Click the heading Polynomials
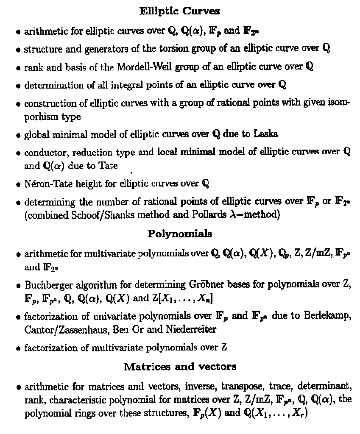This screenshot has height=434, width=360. click(180, 234)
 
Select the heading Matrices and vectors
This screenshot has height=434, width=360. click(180, 367)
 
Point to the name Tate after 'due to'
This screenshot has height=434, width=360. click(108, 166)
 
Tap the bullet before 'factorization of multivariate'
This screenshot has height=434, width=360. click(18, 348)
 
